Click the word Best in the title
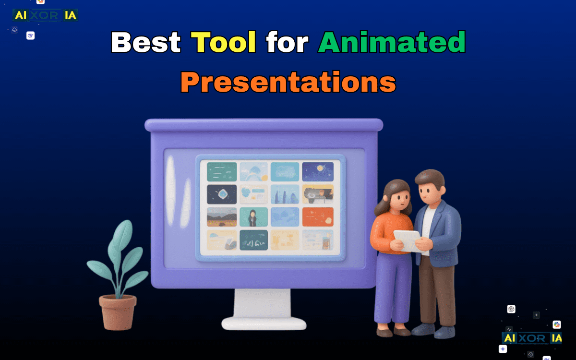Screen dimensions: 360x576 point(145,42)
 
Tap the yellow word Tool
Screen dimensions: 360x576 point(224,42)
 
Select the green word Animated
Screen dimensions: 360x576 point(392,42)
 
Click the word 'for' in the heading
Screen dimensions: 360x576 point(287,42)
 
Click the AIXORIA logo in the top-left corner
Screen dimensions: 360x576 point(45,15)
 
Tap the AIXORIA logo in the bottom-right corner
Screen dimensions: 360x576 point(532,338)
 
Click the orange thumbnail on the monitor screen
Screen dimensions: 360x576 point(318,216)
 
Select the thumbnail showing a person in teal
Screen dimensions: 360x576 point(253,216)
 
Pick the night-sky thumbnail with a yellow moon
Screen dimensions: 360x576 point(318,171)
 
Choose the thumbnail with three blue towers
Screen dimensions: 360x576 point(285,194)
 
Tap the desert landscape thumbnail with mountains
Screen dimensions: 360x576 point(222,216)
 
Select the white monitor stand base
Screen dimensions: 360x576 point(264,323)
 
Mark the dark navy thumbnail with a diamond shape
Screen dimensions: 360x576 point(222,194)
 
